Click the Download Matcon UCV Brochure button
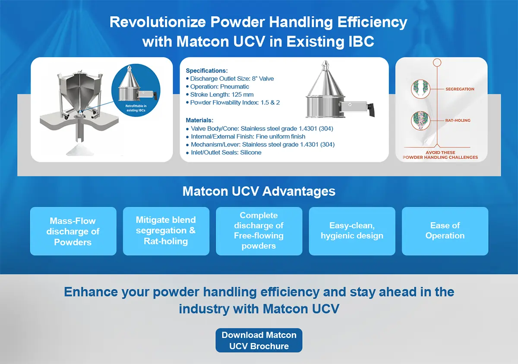coord(259,340)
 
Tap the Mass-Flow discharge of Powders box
coord(73,231)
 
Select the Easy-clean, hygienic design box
coord(352,231)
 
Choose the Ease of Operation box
coord(445,231)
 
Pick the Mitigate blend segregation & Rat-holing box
coord(166,231)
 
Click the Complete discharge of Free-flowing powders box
coord(259,231)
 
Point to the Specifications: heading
coord(207,70)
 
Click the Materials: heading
coord(199,120)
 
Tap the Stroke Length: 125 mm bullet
coord(220,95)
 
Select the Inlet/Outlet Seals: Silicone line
coord(224,152)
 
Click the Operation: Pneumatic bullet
coord(218,86)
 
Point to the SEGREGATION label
coord(460,89)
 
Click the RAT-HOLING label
coord(458,120)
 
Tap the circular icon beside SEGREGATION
coord(420,89)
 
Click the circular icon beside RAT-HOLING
coord(420,120)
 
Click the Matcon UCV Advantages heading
coord(259,191)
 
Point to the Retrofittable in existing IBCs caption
coord(136,108)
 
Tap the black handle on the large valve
coord(371,110)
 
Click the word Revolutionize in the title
coord(158,22)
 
